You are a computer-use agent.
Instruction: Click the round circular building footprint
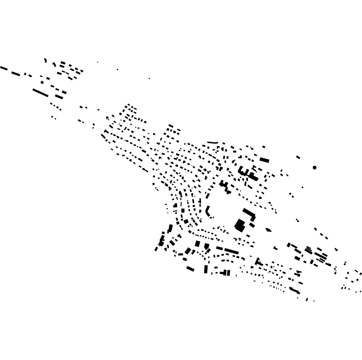coord(315,168)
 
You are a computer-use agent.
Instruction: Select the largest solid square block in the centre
coord(240,225)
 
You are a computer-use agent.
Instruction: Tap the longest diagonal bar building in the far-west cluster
coord(40,93)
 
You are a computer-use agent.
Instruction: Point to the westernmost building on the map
coord(4,68)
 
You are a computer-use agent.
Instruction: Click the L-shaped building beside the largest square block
coord(250,214)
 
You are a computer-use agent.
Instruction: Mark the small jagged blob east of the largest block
coord(268,230)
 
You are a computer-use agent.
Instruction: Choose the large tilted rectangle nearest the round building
coord(264,160)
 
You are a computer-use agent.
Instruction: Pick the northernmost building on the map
coord(45,60)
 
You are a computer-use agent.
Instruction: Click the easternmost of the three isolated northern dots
coord(149,78)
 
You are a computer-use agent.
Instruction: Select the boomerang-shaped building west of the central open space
coord(208,212)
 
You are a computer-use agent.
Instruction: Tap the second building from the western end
coord(16,73)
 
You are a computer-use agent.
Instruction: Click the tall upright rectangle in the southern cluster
coord(206,269)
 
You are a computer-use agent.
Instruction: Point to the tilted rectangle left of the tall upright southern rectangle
coord(190,268)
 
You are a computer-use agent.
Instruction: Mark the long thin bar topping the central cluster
coord(212,143)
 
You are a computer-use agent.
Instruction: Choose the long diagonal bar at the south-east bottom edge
coord(295,290)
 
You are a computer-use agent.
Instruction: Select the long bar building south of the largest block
coord(231,251)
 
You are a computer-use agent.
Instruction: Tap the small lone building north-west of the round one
coord(298,157)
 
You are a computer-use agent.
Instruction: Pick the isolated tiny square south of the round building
coord(302,187)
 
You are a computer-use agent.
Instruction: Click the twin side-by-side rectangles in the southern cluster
coord(227,273)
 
